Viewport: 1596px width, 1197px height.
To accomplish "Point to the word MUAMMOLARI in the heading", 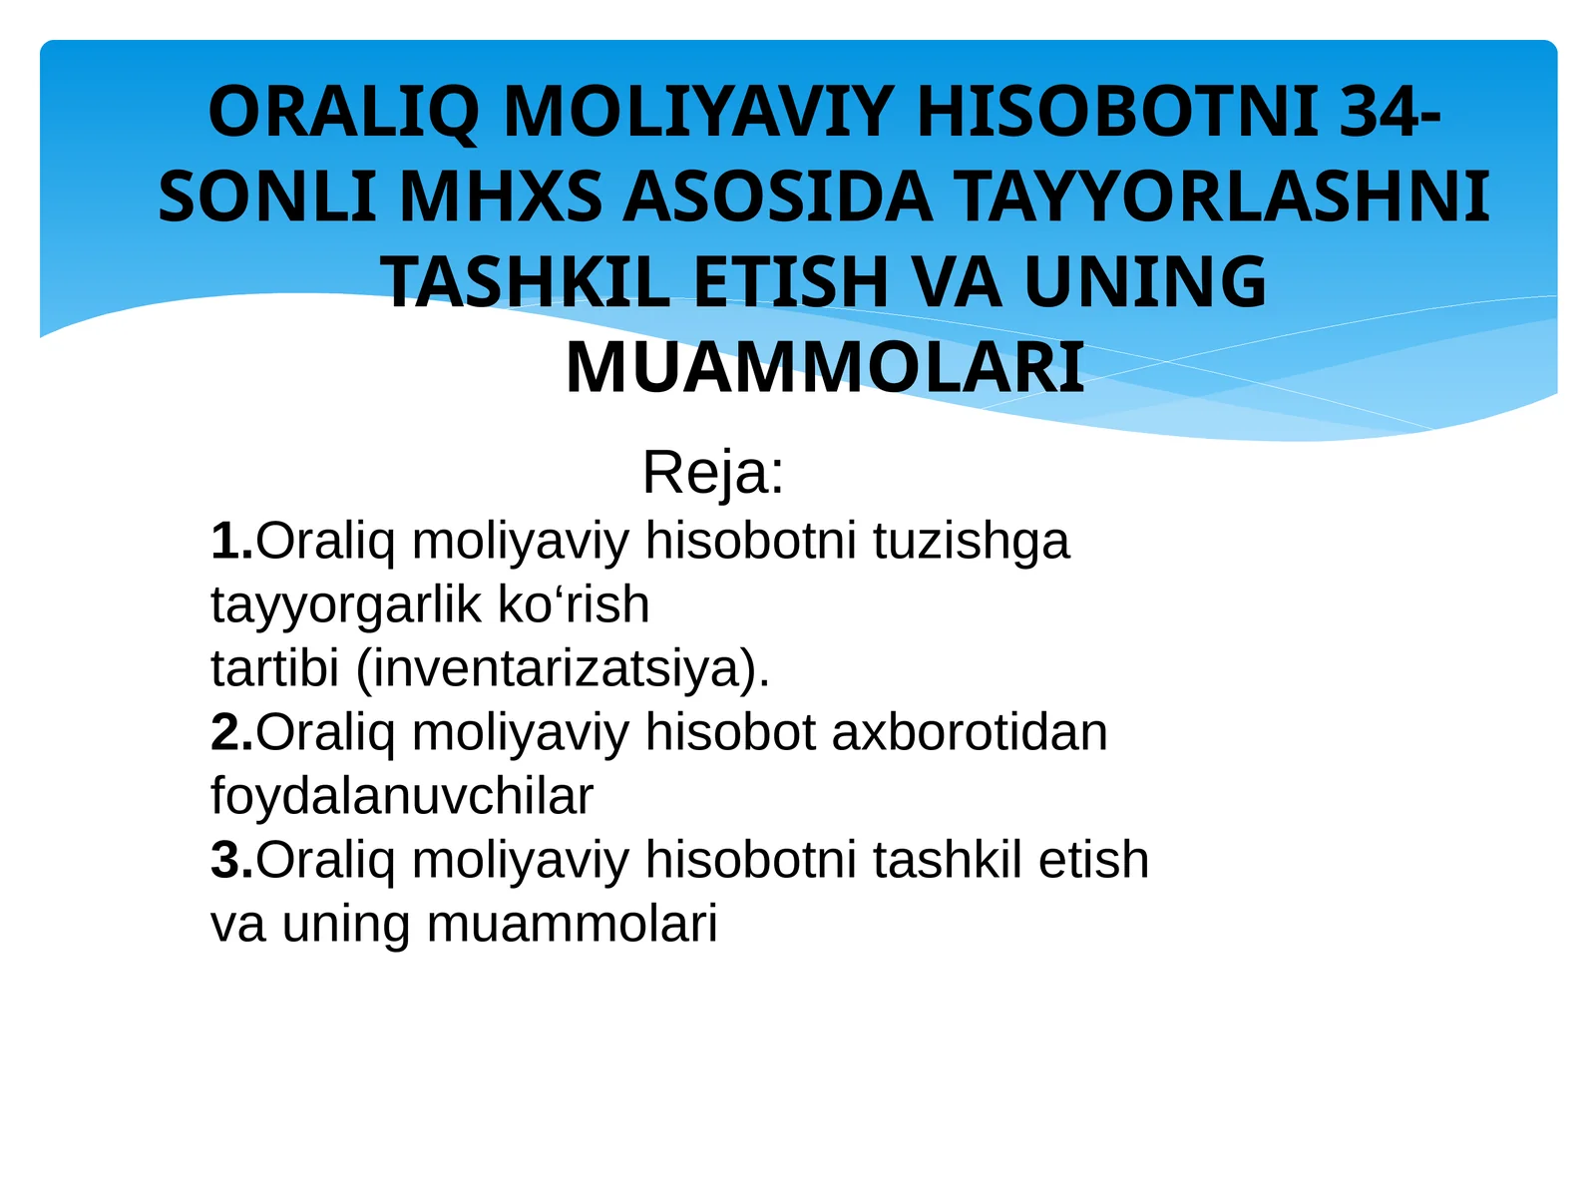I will (824, 369).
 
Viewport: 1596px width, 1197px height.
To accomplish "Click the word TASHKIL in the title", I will (526, 282).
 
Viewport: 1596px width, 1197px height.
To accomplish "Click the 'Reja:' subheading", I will (713, 472).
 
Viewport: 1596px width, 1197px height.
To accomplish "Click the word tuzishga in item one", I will (971, 542).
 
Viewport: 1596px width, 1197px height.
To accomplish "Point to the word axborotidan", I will (969, 732).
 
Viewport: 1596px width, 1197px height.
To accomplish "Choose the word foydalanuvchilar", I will (402, 796).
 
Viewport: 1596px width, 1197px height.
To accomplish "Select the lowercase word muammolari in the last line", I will (572, 924).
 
